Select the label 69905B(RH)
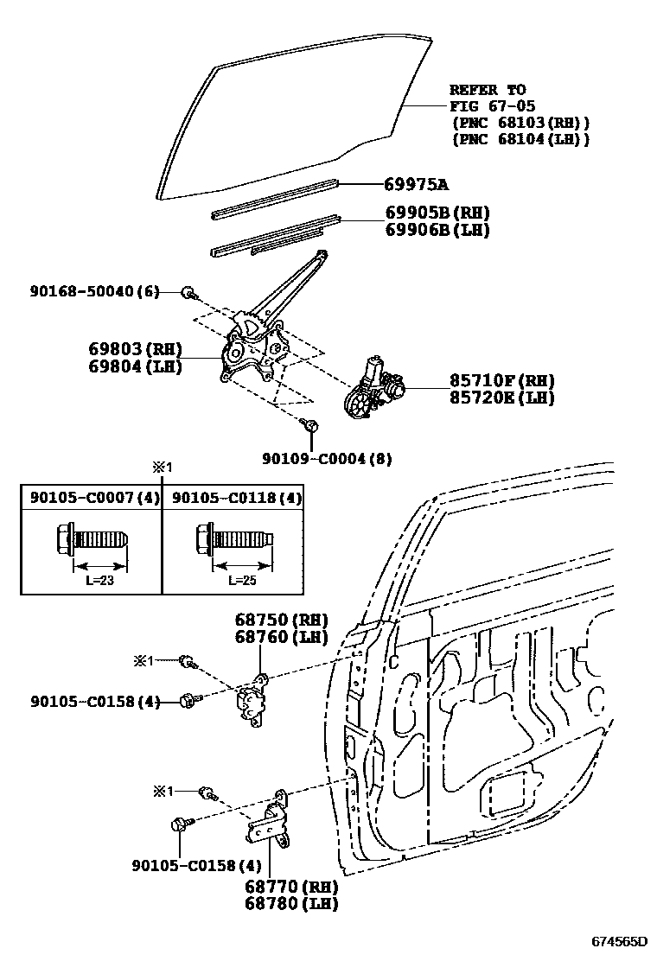[x=437, y=213]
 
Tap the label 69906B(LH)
[x=437, y=230]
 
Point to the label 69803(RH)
[x=135, y=349]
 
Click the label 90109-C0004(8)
[x=327, y=460]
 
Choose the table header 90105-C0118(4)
[x=236, y=498]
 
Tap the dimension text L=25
[x=242, y=580]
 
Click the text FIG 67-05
[x=492, y=105]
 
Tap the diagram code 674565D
[x=619, y=941]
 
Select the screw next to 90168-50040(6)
[x=188, y=294]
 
